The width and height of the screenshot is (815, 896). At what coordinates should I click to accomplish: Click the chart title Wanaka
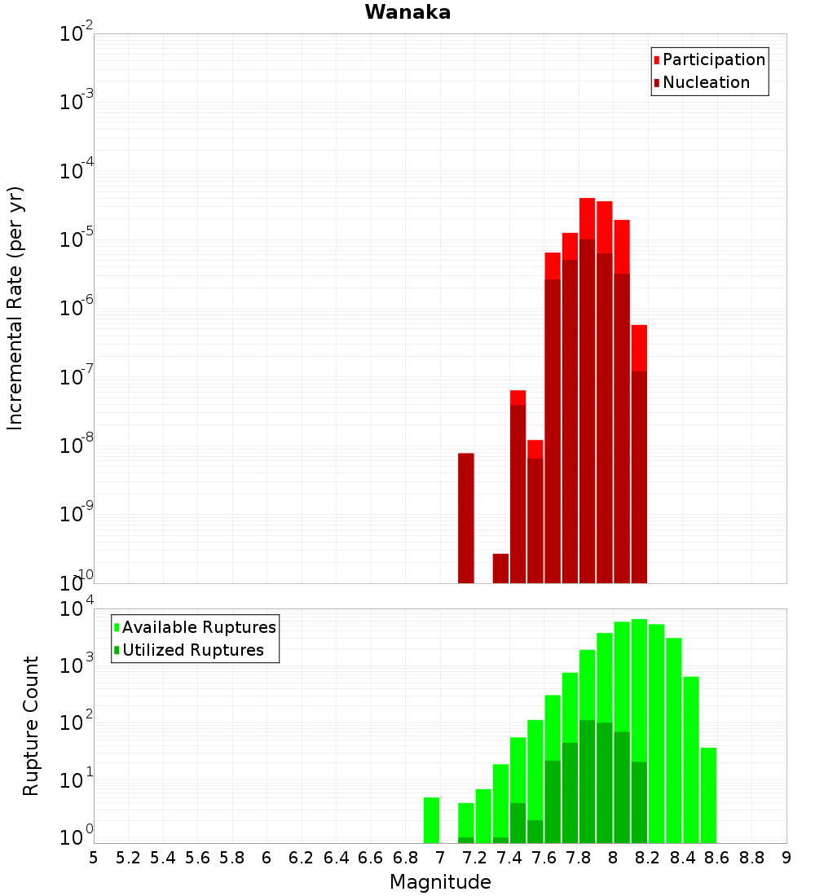click(407, 12)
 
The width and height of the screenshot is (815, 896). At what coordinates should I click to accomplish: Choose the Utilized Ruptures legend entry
click(192, 650)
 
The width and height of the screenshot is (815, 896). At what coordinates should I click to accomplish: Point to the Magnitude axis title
click(440, 882)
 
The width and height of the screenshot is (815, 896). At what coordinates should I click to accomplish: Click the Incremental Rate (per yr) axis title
click(15, 308)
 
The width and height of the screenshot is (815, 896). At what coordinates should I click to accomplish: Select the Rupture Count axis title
click(30, 725)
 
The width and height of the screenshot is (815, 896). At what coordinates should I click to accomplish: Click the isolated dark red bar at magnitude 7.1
click(466, 518)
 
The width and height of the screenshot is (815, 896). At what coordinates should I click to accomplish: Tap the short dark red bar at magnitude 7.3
click(500, 569)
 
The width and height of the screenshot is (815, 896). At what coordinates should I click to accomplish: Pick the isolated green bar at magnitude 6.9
click(431, 819)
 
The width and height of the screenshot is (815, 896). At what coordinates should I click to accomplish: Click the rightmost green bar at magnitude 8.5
click(708, 795)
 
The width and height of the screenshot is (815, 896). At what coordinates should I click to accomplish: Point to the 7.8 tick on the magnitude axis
click(579, 858)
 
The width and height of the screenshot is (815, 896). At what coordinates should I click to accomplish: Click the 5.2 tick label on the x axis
click(128, 858)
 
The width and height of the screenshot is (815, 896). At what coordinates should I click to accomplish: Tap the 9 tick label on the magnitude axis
click(786, 858)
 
